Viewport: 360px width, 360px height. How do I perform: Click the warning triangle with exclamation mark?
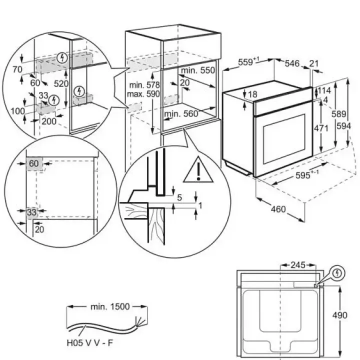pos(198,170)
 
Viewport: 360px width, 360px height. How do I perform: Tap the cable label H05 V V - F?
pos(90,343)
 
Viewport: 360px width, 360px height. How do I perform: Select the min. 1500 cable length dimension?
pos(110,306)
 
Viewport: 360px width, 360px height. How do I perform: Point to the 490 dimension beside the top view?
pos(340,315)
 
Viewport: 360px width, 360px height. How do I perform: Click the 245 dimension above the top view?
pos(298,265)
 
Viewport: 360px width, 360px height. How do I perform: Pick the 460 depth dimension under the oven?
pos(278,209)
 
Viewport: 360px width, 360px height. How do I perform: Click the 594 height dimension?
pos(343,126)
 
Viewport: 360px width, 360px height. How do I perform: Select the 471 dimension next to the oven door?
pos(321,128)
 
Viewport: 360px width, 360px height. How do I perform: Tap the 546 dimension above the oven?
pos(292,63)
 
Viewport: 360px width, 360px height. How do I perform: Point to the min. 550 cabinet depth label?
pos(198,70)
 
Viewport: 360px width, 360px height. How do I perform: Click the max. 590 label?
pos(143,94)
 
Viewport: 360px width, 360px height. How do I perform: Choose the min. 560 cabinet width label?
pos(181,113)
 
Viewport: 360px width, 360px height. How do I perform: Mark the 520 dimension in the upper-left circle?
pos(61,84)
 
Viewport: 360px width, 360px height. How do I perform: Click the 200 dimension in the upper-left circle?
pos(49,121)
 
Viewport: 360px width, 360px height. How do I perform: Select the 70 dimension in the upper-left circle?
pos(17,69)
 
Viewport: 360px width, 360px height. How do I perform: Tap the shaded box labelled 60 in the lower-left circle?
pos(34,163)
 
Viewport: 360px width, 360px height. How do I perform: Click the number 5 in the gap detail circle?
pos(179,197)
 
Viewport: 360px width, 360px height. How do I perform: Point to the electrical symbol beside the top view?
pos(337,273)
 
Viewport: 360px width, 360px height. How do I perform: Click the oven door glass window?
pos(284,139)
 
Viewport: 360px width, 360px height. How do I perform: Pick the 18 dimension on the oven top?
pos(252,94)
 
